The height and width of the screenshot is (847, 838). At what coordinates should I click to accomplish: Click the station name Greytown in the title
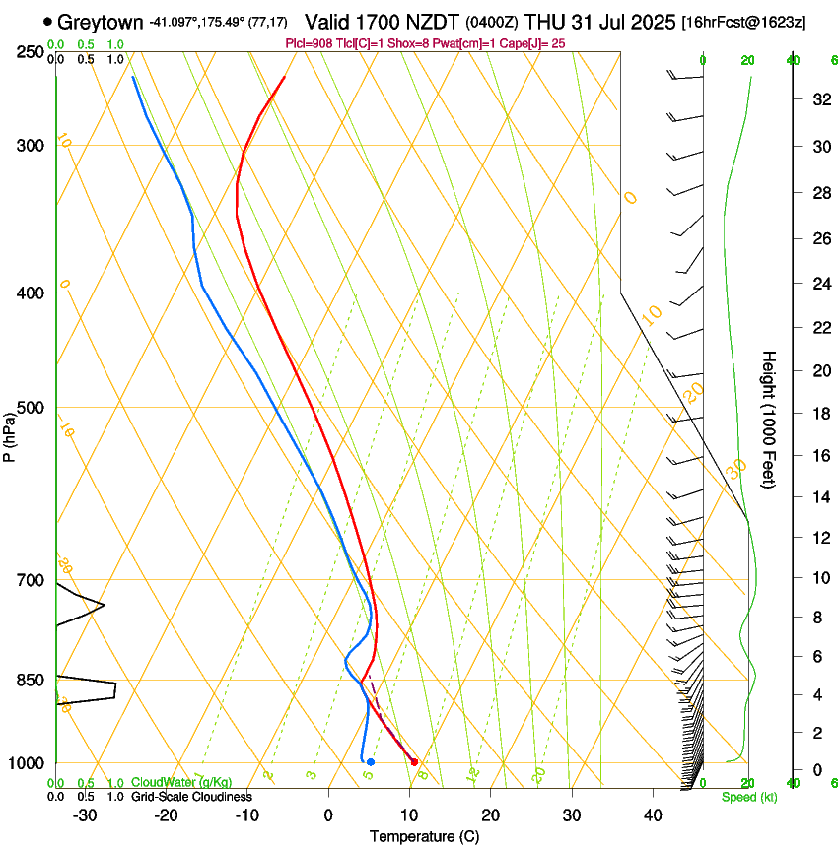coord(100,22)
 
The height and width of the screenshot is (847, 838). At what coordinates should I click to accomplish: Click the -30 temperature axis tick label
coord(85,814)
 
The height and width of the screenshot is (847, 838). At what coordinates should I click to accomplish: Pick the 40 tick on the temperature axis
coord(652,814)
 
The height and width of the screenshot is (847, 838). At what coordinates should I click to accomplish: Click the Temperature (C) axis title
coord(424,836)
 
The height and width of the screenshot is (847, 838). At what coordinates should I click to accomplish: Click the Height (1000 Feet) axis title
coord(770,419)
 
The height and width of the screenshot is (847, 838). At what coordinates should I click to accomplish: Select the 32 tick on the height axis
coord(819,99)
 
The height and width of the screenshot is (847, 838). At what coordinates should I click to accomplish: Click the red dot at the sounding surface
coord(414,762)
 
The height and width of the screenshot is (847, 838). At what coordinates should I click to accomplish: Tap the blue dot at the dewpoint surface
coord(370,762)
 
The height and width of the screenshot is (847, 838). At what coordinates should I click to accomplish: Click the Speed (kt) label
coord(748,796)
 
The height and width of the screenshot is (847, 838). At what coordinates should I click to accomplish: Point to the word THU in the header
coord(546,22)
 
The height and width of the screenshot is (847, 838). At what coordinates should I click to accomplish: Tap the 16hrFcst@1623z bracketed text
coord(742,22)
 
